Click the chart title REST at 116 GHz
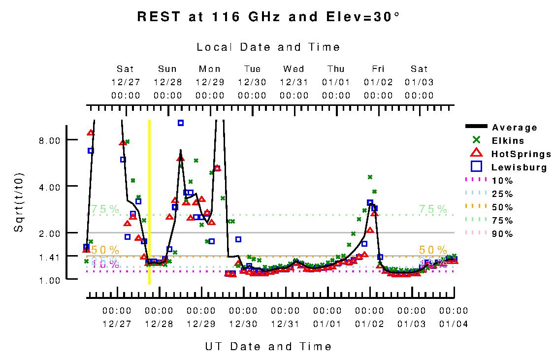[268, 17]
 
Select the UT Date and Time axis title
[268, 346]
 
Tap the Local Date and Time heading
[268, 47]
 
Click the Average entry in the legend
[514, 128]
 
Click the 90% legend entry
[502, 234]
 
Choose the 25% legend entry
[502, 194]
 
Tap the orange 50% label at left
[105, 250]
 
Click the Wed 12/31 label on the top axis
[293, 82]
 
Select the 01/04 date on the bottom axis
[454, 324]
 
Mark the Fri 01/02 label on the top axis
[378, 82]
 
